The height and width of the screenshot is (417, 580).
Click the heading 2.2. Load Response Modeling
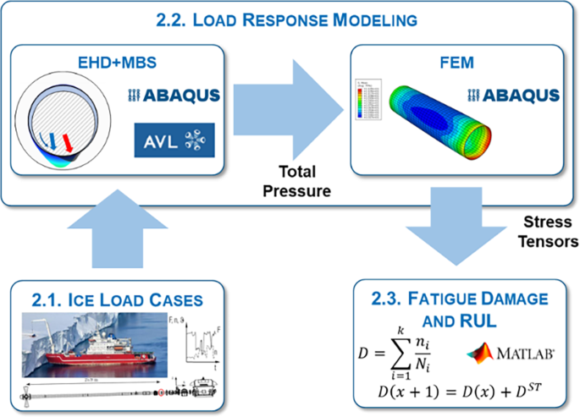tap(290, 19)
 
